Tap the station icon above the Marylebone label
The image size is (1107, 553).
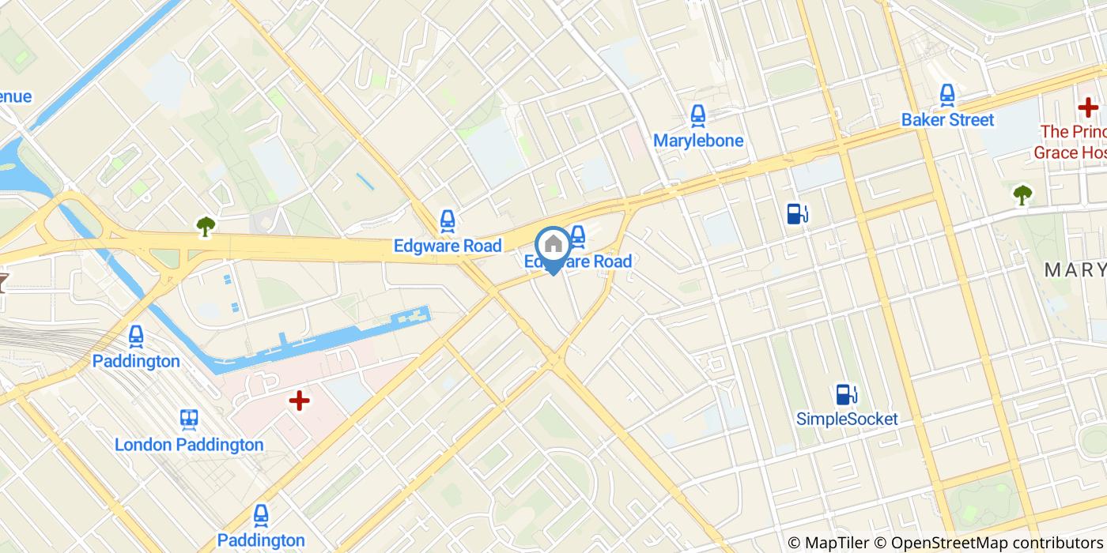click(697, 116)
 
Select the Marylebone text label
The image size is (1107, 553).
click(697, 141)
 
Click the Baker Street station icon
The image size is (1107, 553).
click(947, 96)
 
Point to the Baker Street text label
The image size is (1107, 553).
click(947, 120)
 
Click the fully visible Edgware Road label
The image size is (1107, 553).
click(448, 246)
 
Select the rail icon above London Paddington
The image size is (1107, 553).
click(188, 419)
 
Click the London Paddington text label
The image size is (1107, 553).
click(189, 445)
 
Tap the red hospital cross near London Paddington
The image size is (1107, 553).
click(299, 401)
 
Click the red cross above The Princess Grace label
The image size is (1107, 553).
click(1088, 107)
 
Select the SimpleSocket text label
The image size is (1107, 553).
click(847, 419)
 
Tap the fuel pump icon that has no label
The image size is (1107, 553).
click(797, 213)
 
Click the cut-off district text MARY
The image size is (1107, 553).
click(1075, 270)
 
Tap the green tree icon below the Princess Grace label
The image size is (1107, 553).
click(1022, 194)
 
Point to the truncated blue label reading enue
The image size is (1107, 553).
click(16, 96)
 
